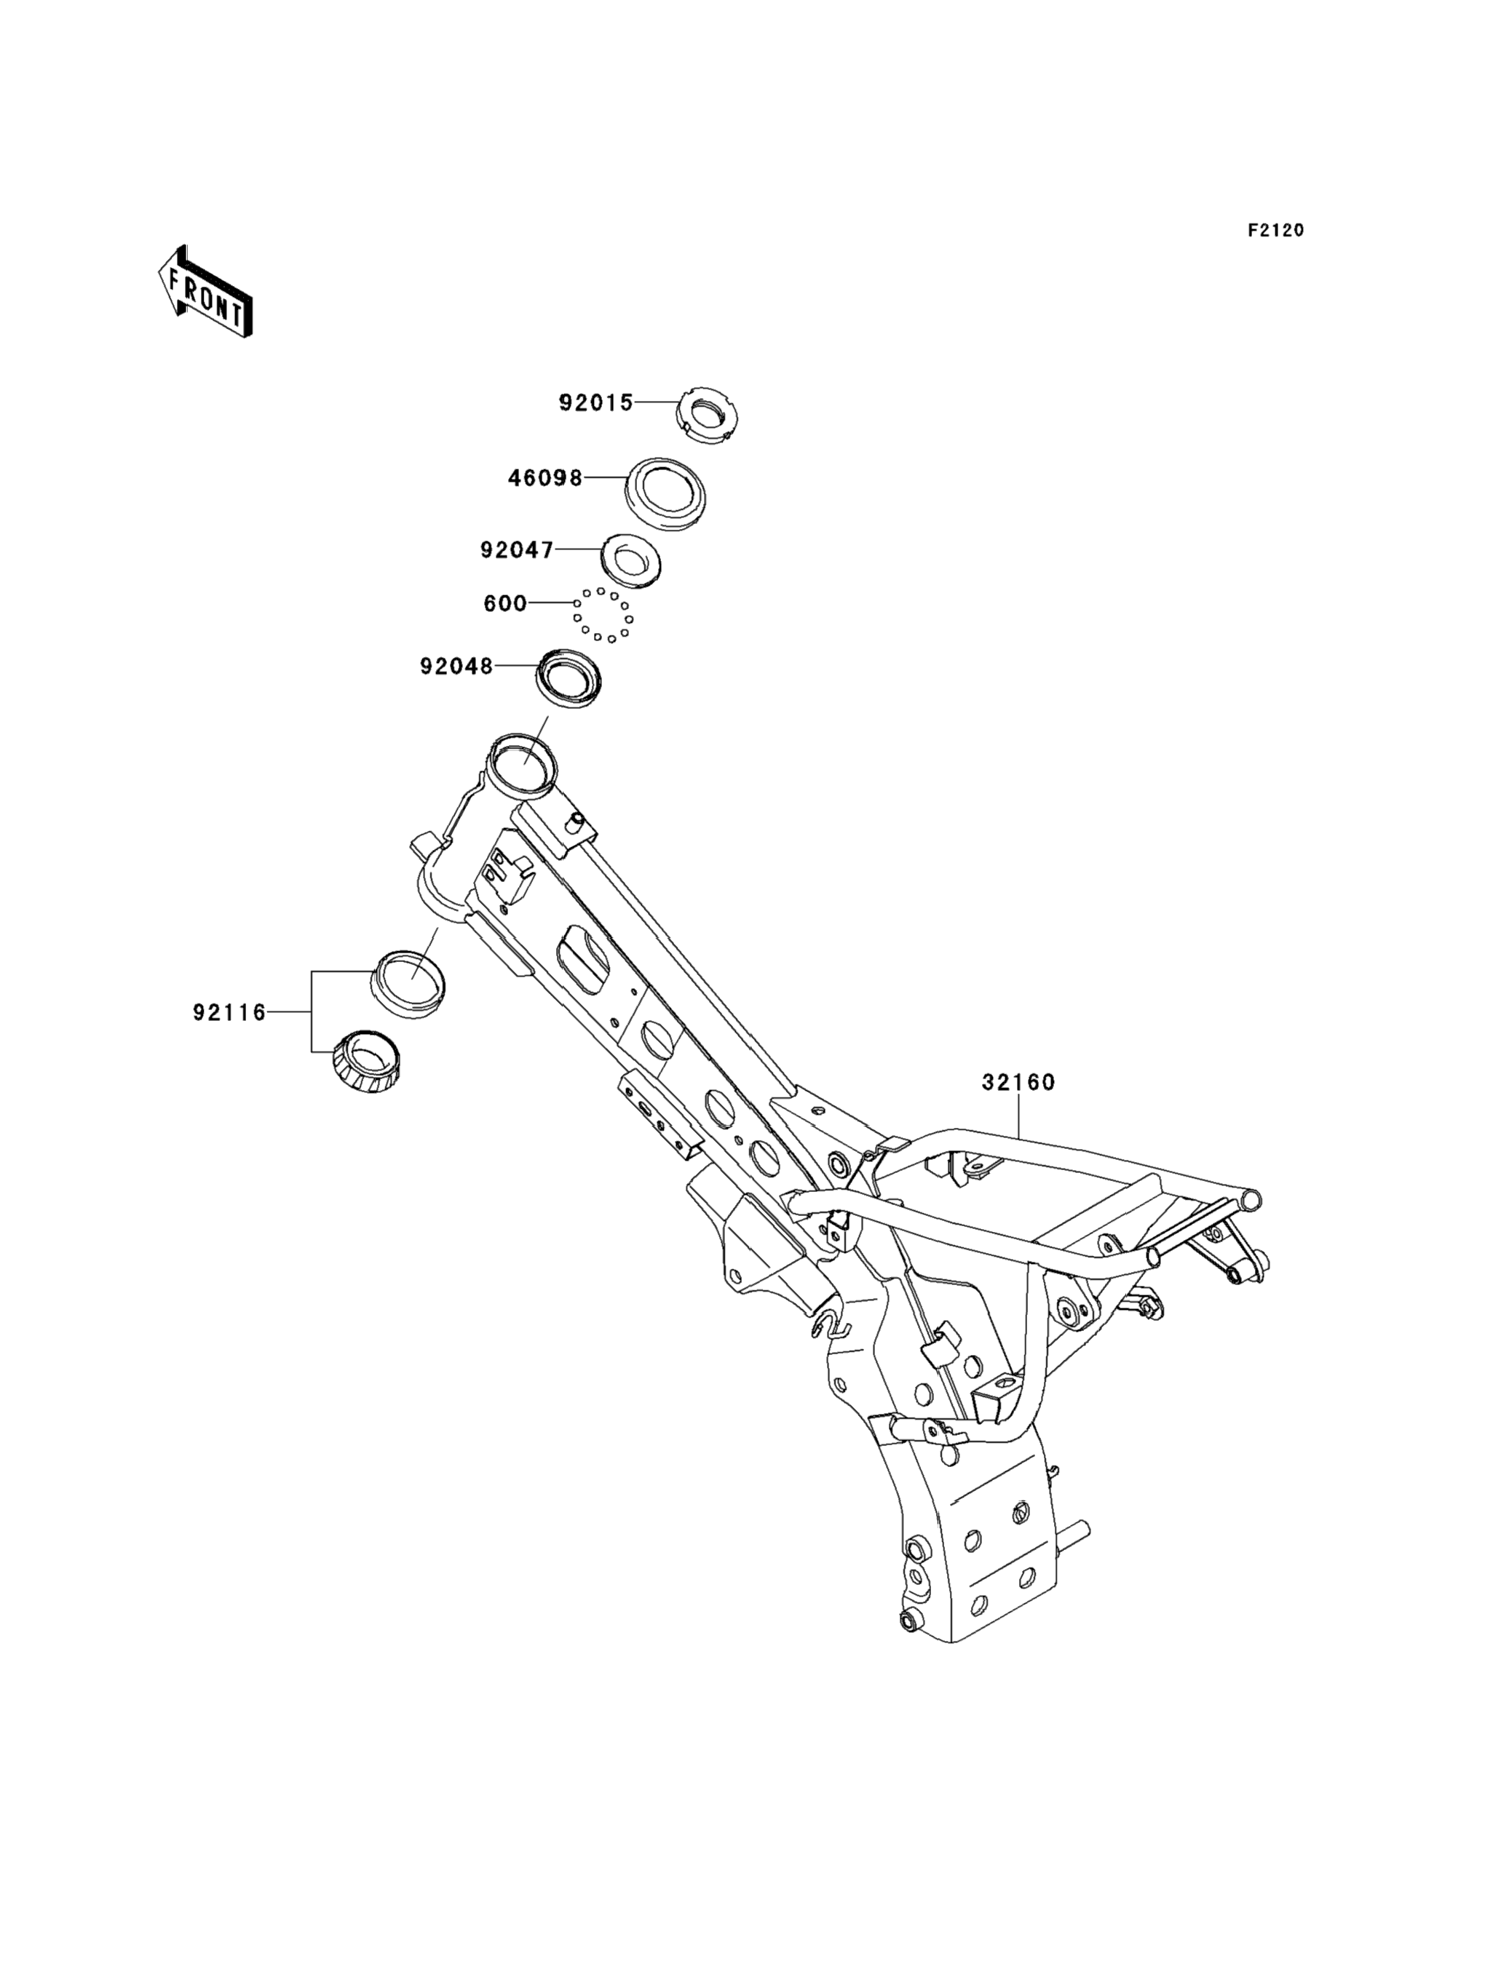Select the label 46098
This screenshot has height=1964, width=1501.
pos(545,478)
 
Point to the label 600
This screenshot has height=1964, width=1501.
pos(504,604)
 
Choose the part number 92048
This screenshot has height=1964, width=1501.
pos(456,667)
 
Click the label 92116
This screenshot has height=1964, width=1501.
pos(229,1012)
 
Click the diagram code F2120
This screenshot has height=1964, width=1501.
pos(1276,231)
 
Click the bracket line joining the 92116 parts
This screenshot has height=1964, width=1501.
pos(312,1012)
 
